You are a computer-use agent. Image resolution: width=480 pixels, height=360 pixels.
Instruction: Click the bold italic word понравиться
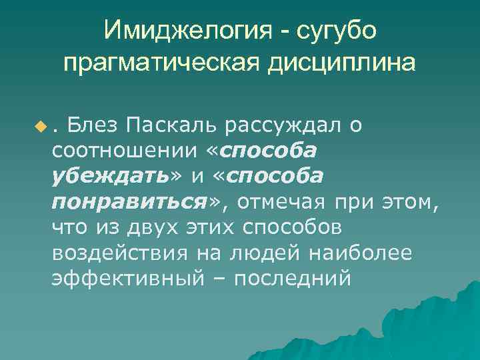click(x=127, y=202)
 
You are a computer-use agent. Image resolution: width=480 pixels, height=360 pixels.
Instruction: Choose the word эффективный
click(x=127, y=279)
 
